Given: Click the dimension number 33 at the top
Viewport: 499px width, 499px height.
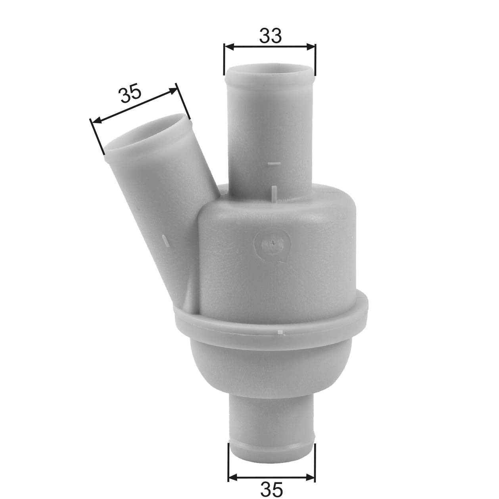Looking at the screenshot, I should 271,36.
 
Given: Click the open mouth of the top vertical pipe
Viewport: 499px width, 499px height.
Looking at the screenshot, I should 269,71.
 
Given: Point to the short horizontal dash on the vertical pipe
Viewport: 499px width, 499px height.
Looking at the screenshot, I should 274,163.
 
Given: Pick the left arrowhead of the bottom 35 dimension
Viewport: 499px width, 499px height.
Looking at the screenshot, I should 232,476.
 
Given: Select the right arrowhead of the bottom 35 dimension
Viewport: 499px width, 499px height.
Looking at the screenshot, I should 311,476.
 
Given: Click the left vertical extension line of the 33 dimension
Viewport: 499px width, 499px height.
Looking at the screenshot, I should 225,59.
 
